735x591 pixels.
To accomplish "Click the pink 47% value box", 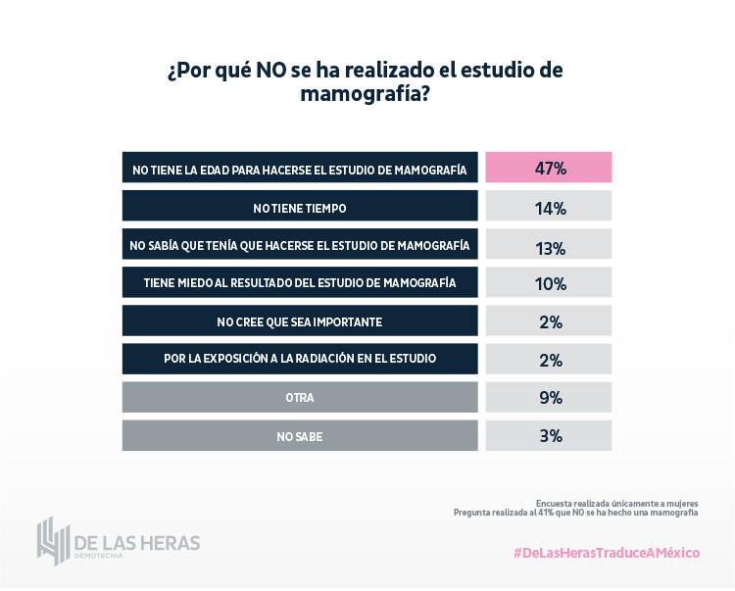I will pos(549,168).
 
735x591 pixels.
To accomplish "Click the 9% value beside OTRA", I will pos(549,397).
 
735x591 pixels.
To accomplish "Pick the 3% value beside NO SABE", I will pos(549,435).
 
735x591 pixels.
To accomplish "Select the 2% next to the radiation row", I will pos(549,359).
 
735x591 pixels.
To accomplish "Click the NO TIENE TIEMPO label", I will pos(300,207).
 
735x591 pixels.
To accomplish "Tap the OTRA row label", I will pos(300,398).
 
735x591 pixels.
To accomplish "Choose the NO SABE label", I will pos(300,436).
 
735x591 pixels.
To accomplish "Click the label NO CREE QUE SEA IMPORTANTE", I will pos(300,321).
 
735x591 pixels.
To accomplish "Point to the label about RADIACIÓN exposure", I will pos(300,360).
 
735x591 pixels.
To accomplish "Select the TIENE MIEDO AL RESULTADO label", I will pos(300,283).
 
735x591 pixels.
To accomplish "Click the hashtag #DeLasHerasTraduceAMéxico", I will pos(607,553).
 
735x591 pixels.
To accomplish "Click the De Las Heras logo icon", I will pos(51,540).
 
